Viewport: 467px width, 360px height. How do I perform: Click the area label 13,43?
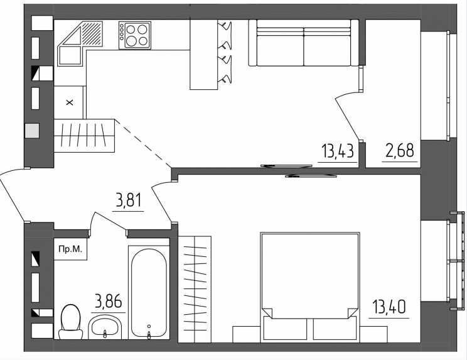[338, 151]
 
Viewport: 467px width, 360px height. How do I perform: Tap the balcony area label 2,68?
[400, 150]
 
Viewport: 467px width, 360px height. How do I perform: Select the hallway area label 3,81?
[129, 200]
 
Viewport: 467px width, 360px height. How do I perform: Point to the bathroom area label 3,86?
[109, 301]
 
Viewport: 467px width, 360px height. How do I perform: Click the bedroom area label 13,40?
[389, 307]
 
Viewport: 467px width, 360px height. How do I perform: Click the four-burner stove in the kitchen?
[135, 35]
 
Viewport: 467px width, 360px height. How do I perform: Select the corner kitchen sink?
[80, 43]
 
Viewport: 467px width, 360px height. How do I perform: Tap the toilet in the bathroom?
[70, 322]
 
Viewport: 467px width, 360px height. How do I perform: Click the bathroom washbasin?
[105, 327]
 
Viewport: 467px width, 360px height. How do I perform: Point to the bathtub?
[149, 293]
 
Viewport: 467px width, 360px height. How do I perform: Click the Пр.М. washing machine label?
[70, 249]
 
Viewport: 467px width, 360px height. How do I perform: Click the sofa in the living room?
[304, 43]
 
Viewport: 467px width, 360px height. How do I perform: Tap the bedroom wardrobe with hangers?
[195, 290]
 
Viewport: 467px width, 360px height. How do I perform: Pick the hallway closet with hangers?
[84, 136]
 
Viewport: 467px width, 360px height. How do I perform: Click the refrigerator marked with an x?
[70, 102]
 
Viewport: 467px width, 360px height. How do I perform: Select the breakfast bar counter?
[204, 55]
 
